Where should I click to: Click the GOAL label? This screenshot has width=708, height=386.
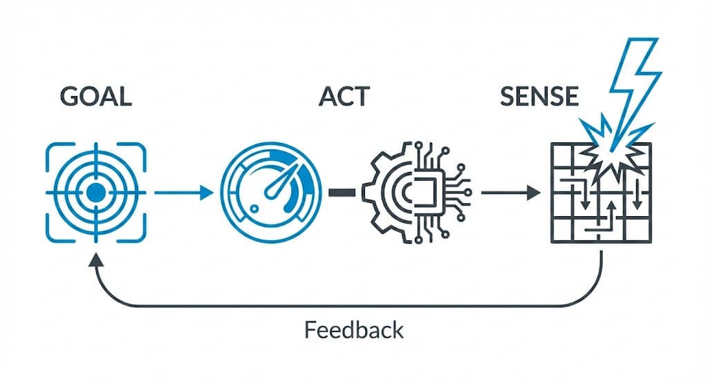point(95,97)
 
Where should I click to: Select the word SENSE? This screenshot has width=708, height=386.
point(539,97)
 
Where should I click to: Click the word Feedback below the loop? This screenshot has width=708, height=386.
point(353,330)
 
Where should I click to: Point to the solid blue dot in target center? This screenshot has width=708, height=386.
point(96,192)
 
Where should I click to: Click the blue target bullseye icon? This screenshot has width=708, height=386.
point(96,192)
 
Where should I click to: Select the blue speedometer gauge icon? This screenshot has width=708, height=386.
point(271,192)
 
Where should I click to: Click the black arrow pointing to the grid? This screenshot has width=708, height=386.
point(510,193)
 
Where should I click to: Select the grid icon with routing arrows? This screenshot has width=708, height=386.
point(600,193)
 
